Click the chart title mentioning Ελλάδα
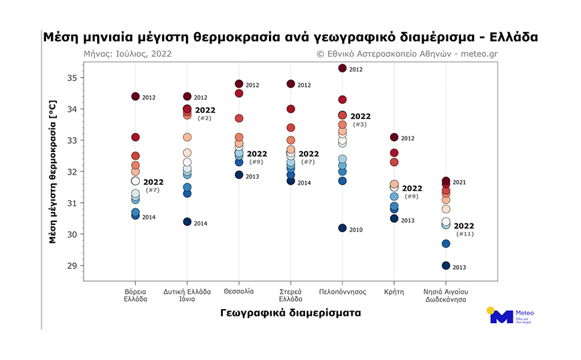pos(290,36)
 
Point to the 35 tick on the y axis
pos(72,78)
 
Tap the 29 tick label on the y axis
pos(72,266)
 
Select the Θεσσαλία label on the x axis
pos(238,292)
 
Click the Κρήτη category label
pos(394,292)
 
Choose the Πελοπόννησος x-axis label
pos(342,292)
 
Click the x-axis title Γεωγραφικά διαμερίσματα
pos(290,312)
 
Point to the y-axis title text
pos(53,171)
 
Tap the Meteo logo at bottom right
pos(511,317)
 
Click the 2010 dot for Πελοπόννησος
pos(342,228)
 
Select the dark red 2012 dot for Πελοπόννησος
pos(342,68)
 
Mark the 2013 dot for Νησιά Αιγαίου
pos(446,266)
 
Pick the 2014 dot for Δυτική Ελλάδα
pos(187,222)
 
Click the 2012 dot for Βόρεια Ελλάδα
pos(135,97)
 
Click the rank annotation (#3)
pos(360,124)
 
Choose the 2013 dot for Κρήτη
pos(394,219)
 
